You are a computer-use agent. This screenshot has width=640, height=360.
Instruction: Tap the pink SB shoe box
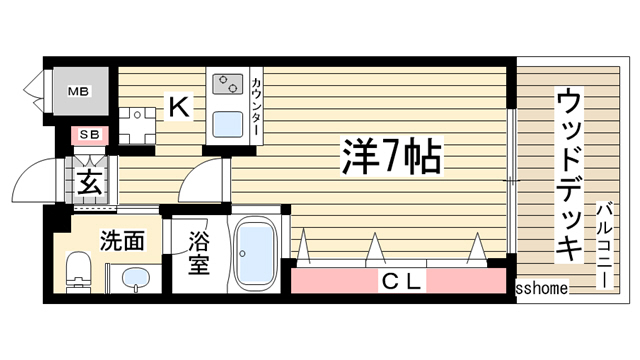[x=88, y=134]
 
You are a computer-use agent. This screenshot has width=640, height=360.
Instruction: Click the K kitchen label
[x=177, y=105]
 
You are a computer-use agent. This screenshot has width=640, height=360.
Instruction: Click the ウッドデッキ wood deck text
[x=568, y=174]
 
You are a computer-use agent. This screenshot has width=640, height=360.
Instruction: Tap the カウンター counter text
[x=257, y=105]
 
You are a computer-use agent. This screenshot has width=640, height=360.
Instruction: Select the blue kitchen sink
[x=226, y=125]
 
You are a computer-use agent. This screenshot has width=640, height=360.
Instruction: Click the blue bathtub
[x=257, y=251]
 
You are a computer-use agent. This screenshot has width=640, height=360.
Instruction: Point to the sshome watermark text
[x=542, y=288]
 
